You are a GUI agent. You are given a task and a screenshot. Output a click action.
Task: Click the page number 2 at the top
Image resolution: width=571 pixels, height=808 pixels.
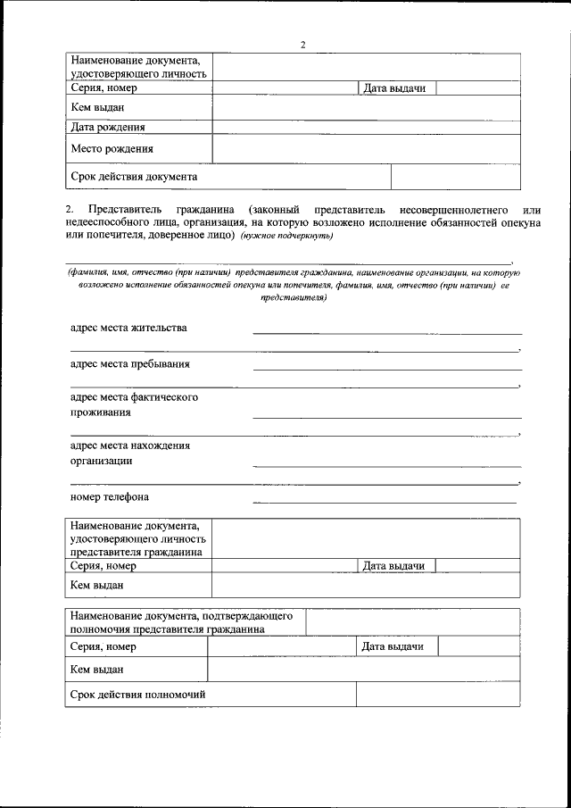[302, 46]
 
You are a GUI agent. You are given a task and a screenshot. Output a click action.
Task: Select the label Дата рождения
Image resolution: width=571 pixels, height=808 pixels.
[108, 128]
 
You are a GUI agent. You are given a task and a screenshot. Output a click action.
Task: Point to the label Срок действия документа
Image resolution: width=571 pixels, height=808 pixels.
[134, 177]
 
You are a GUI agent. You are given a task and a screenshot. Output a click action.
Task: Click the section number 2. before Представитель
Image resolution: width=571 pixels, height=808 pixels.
[70, 207]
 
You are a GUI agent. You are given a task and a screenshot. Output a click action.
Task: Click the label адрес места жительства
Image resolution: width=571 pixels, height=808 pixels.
[128, 328]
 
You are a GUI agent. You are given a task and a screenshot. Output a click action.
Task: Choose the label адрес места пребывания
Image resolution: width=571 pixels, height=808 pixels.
[129, 364]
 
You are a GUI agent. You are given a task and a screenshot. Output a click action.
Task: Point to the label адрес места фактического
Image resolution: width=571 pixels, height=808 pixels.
[134, 397]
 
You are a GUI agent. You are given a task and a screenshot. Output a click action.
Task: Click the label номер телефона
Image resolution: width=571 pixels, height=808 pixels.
[110, 496]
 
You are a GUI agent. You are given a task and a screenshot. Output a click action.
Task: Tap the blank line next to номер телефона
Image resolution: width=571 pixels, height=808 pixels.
[384, 501]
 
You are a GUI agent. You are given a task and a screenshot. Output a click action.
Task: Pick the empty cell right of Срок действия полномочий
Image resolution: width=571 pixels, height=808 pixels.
[437, 694]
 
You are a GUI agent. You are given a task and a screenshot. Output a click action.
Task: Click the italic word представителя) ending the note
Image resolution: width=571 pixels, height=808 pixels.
[293, 298]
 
